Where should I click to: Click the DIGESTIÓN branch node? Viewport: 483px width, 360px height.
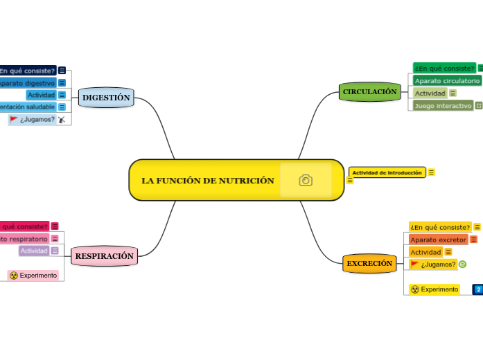click(106, 98)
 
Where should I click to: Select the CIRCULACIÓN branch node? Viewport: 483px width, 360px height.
click(370, 91)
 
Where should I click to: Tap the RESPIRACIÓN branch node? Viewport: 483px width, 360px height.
click(104, 256)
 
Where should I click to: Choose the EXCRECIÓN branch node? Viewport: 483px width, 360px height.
click(369, 263)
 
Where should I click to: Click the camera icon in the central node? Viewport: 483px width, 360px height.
click(306, 180)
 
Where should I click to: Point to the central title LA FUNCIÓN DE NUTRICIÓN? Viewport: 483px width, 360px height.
click(208, 181)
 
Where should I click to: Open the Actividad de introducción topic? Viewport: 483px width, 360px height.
click(387, 172)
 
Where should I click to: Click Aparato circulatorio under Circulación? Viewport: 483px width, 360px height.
click(447, 80)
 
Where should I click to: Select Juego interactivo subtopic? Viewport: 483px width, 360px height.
click(443, 105)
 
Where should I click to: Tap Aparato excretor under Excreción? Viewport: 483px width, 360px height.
click(439, 240)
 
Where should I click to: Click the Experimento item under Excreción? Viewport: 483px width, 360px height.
click(434, 289)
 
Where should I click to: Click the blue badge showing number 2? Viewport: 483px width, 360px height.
click(478, 289)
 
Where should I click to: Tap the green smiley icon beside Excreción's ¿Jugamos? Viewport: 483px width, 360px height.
click(463, 264)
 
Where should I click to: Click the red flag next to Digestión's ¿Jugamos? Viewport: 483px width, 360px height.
click(13, 119)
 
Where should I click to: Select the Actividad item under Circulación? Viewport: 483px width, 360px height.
click(430, 93)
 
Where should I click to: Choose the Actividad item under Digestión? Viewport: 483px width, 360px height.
click(41, 95)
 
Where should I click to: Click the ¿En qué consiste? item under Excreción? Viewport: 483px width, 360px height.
click(440, 227)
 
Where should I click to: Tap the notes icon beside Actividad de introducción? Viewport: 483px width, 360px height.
click(431, 172)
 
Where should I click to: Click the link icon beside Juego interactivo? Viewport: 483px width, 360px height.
click(478, 105)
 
